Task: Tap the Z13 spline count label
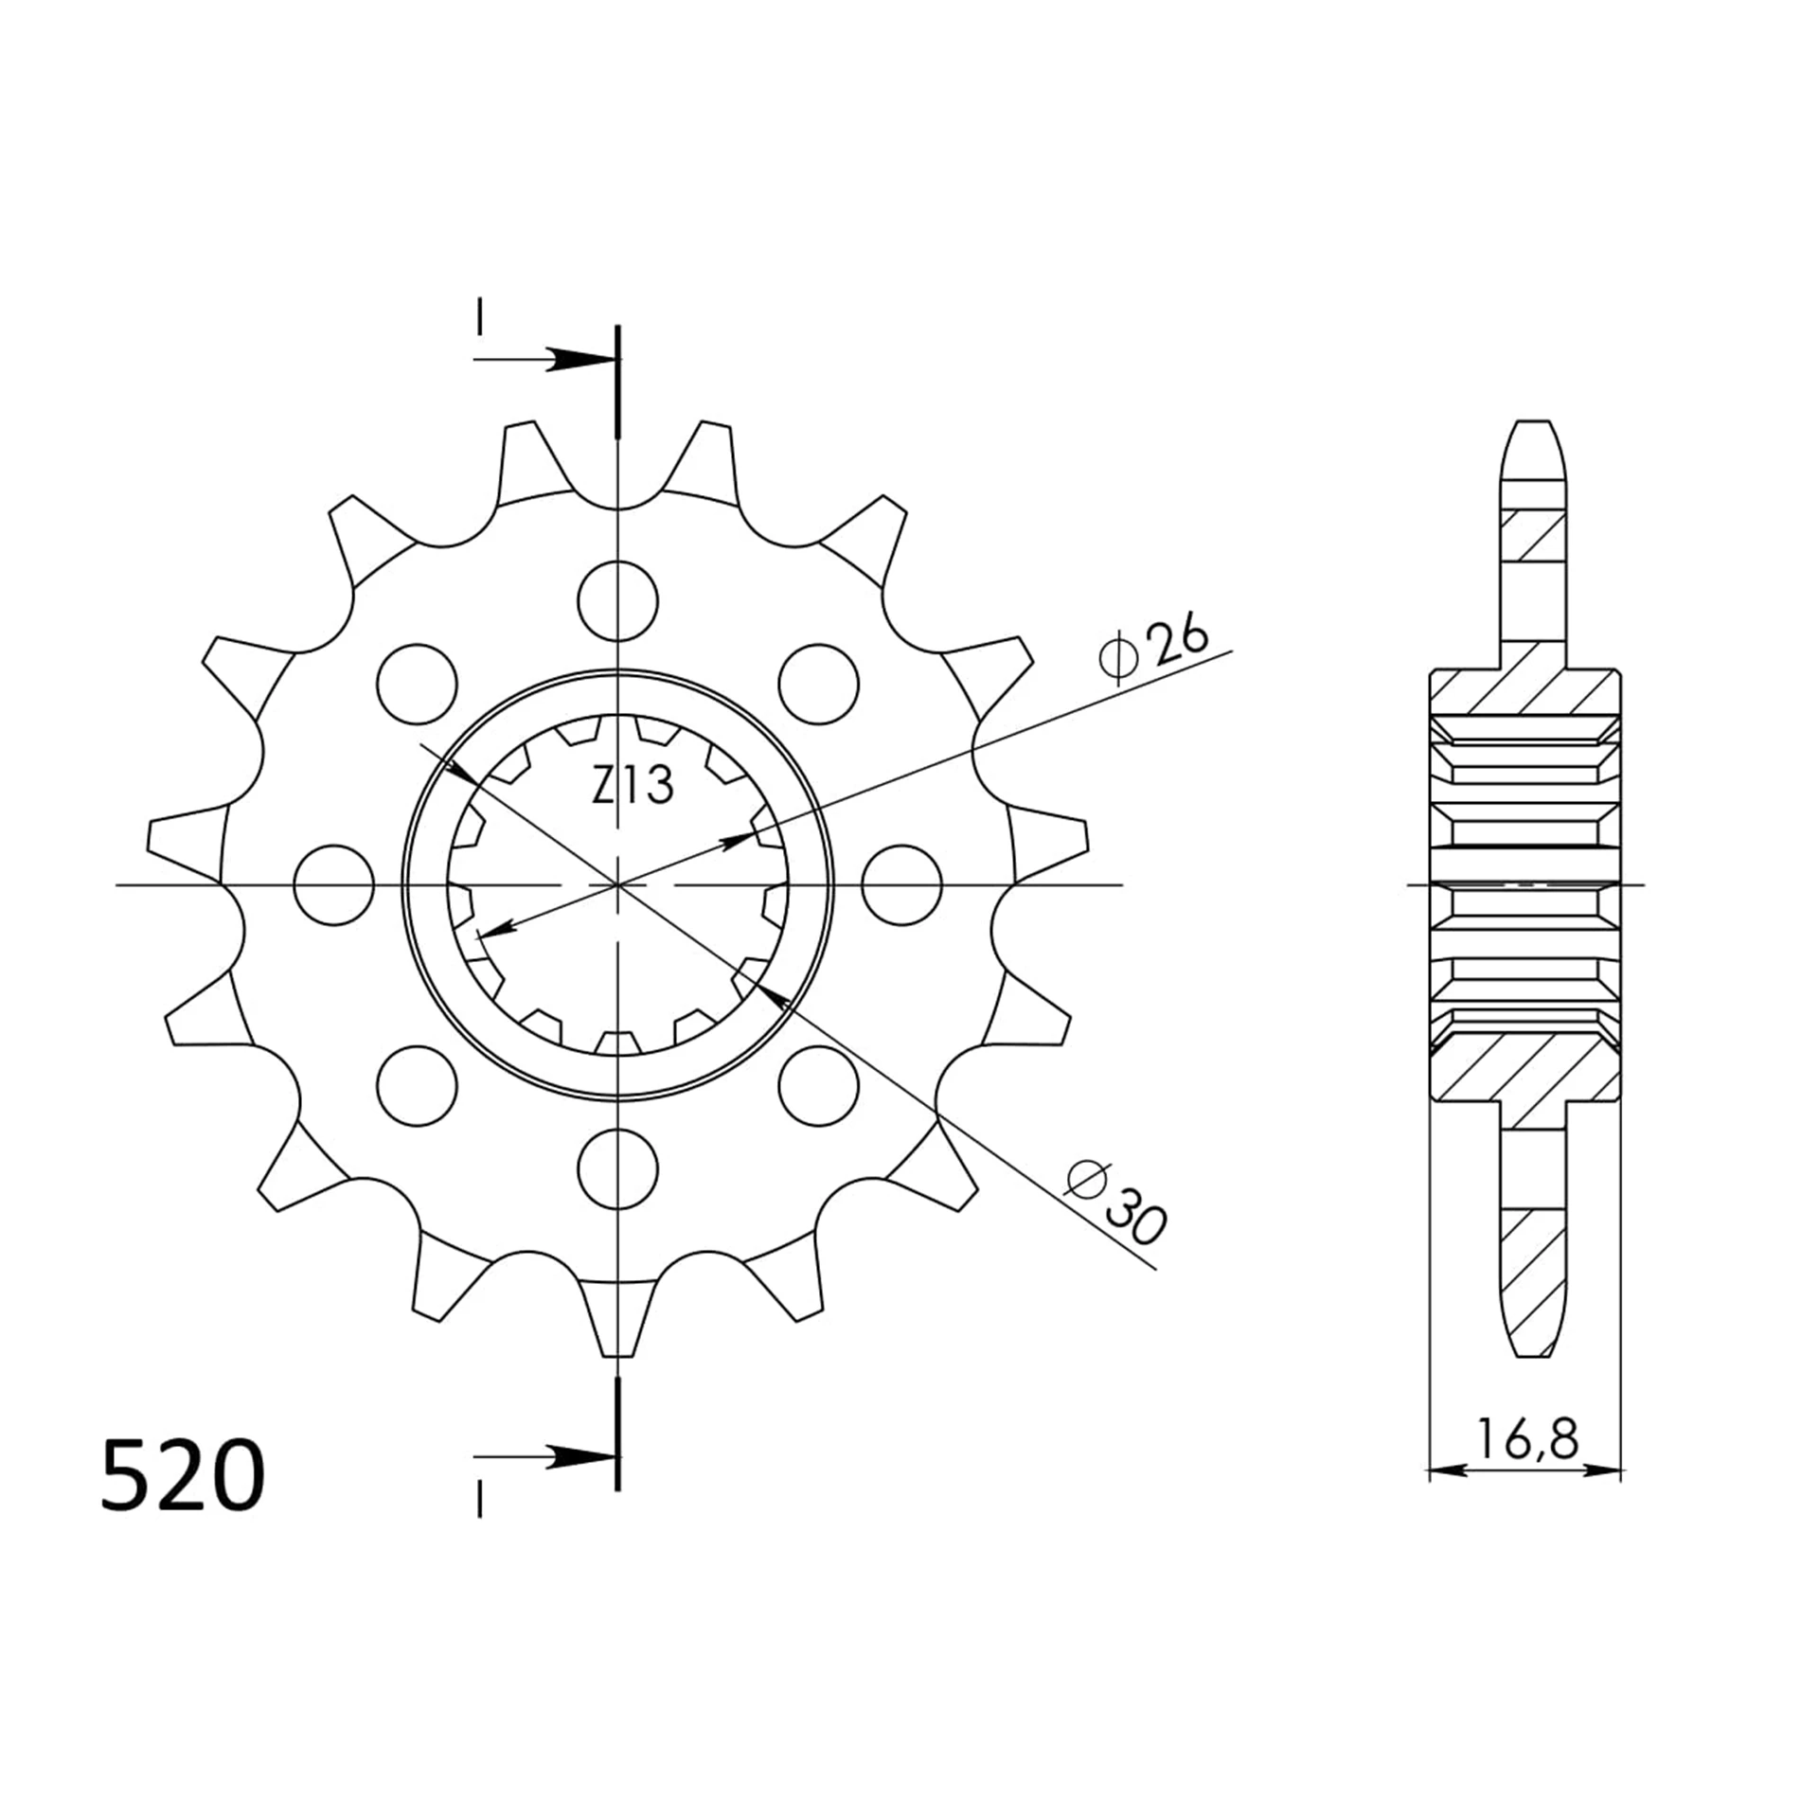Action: pos(633,785)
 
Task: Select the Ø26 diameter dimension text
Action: pos(1154,649)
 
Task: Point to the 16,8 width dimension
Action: pos(1525,1439)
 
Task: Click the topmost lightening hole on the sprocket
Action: pos(617,600)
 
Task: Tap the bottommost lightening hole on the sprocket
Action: pos(617,1168)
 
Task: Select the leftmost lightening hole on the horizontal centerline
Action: pos(333,884)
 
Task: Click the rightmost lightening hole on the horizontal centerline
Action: pos(901,884)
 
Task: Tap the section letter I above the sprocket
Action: pos(480,317)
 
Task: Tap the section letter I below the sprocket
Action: pos(480,1501)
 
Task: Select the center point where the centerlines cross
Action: pos(617,884)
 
